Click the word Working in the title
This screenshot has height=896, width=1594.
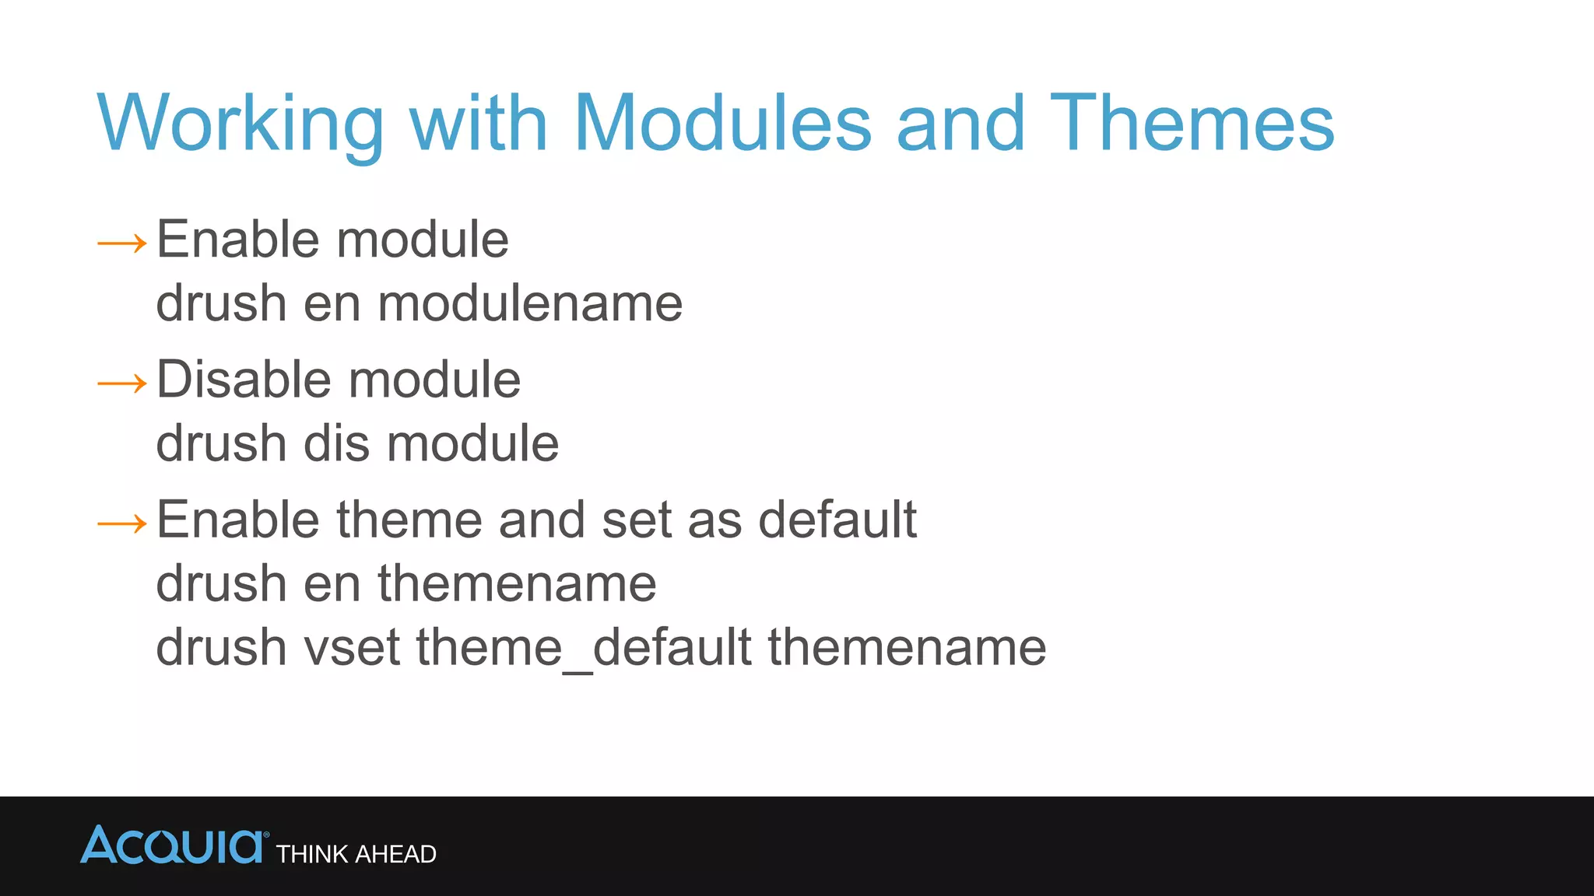[241, 124]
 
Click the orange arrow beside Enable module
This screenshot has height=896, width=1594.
[122, 243]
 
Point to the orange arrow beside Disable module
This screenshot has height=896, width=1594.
[122, 383]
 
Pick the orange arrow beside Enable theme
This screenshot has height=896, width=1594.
[122, 523]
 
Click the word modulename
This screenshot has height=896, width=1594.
[530, 303]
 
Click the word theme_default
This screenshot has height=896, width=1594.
[583, 647]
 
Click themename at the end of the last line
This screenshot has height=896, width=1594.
[907, 647]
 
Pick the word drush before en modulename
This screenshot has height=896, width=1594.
[221, 303]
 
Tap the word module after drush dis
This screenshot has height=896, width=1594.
[472, 443]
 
